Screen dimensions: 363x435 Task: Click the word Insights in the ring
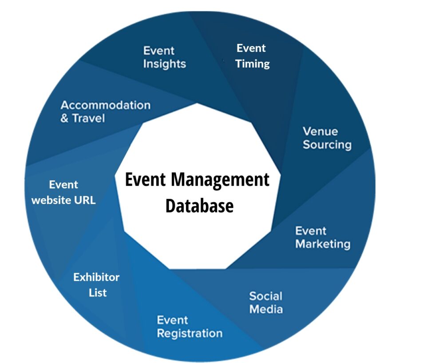(x=164, y=64)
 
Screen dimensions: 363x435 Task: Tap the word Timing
(x=253, y=64)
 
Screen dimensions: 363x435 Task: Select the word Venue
(x=320, y=132)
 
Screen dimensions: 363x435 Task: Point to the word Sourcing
(x=327, y=145)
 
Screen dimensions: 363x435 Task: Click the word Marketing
(x=323, y=244)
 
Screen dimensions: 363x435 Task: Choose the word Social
(x=265, y=296)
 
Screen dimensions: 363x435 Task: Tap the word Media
(x=266, y=309)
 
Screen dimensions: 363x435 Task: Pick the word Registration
(x=190, y=333)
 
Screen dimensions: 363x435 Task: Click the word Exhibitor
(x=96, y=277)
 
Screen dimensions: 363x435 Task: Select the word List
(x=98, y=293)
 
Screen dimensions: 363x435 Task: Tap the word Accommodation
(x=105, y=105)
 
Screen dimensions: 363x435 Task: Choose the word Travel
(x=89, y=119)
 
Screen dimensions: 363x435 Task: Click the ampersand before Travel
(x=65, y=119)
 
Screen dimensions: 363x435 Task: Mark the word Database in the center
(x=199, y=206)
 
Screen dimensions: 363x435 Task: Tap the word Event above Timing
(x=251, y=48)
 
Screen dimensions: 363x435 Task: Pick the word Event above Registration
(x=172, y=320)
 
